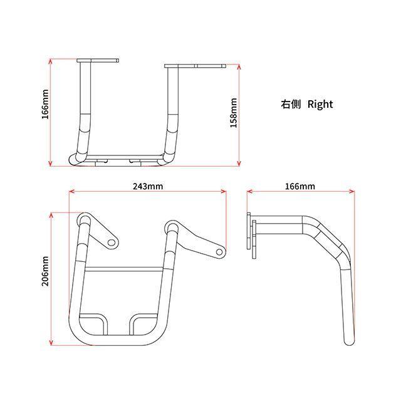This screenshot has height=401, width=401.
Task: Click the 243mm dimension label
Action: click(148, 186)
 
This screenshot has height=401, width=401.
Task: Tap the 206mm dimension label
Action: click(45, 271)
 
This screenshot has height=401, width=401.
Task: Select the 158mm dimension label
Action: click(234, 113)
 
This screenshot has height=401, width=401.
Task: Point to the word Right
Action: click(320, 105)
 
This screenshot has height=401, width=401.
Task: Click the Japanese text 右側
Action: click(291, 104)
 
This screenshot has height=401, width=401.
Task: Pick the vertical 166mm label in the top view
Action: click(45, 104)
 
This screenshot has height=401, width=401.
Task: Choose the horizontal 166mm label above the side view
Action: click(300, 186)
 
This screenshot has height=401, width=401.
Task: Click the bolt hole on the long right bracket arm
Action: click(219, 252)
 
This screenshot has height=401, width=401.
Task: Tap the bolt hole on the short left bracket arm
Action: click(111, 242)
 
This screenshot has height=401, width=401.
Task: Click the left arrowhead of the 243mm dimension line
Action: click(71, 191)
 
